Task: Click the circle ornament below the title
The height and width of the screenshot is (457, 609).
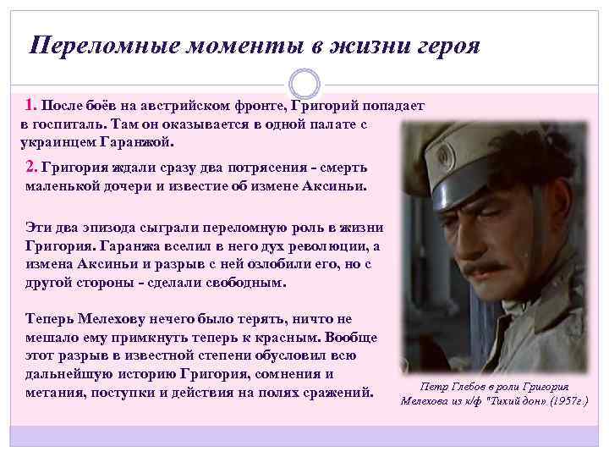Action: [304, 82]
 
